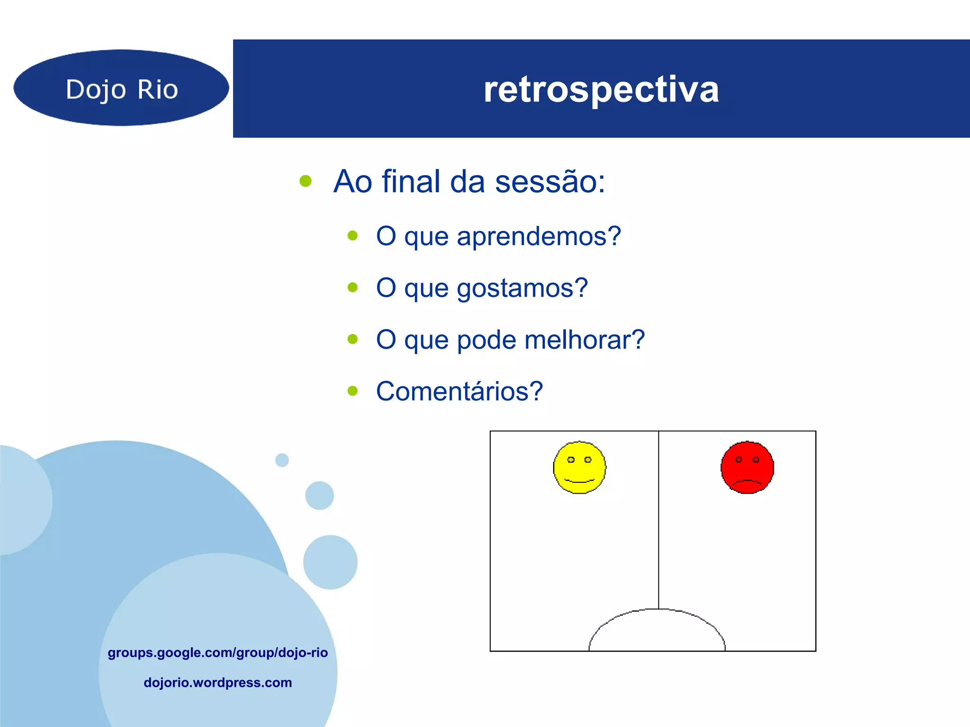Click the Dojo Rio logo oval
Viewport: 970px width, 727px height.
click(121, 88)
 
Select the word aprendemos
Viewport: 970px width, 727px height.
click(538, 236)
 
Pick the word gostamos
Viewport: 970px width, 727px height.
click(522, 288)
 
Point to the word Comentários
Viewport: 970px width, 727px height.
click(459, 391)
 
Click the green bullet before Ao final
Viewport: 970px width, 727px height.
click(305, 181)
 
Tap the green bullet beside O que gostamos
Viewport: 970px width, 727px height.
click(352, 287)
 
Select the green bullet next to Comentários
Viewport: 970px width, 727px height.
click(352, 391)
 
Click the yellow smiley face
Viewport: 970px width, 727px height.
click(579, 468)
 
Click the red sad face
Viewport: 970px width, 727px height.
click(747, 468)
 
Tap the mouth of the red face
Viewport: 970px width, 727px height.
click(747, 483)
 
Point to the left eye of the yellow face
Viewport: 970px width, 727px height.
click(571, 460)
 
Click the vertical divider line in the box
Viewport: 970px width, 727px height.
click(658, 521)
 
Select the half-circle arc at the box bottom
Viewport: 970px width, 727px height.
click(657, 611)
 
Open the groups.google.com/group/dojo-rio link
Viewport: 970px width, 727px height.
click(217, 653)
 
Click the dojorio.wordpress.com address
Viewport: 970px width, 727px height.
click(217, 683)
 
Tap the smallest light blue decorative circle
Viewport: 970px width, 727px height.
click(282, 460)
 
